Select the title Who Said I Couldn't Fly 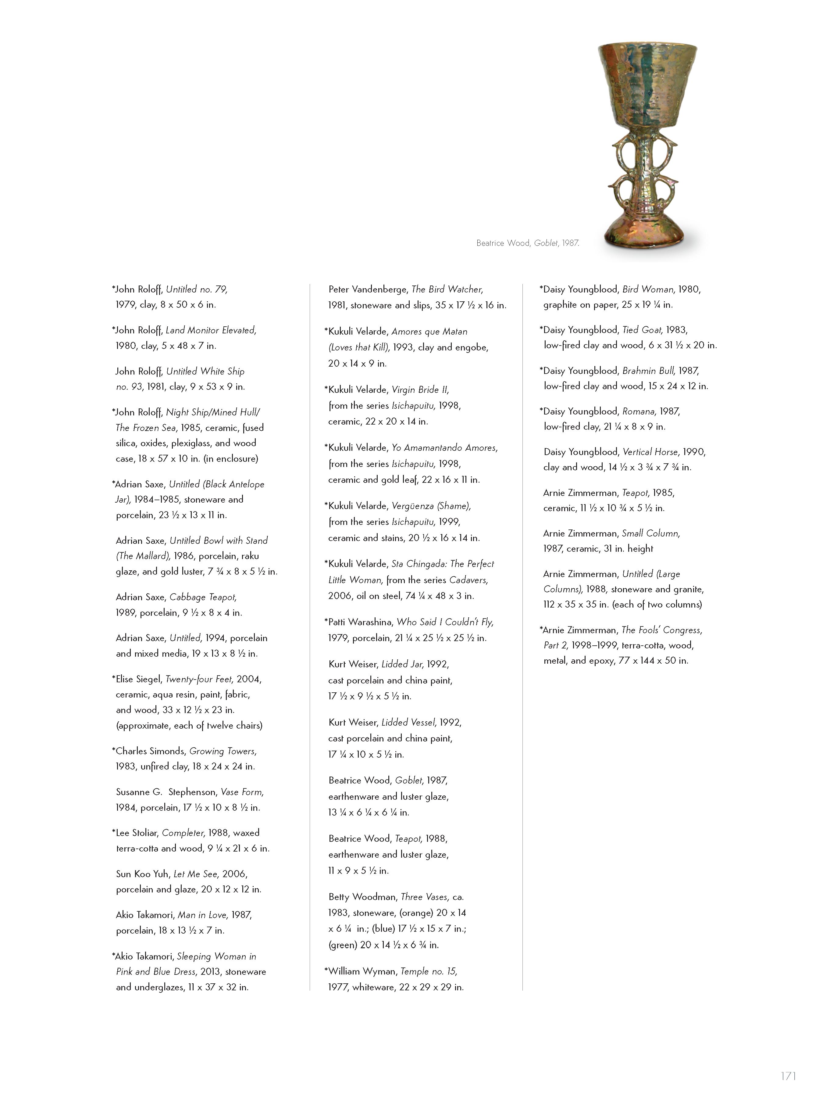pyautogui.click(x=444, y=622)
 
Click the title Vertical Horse pyautogui.click(x=650, y=452)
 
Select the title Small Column pyautogui.click(x=650, y=534)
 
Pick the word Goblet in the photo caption pyautogui.click(x=546, y=243)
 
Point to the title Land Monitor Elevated pyautogui.click(x=211, y=330)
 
